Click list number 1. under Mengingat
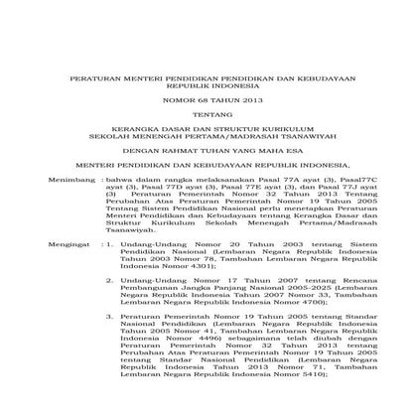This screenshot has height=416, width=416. pos(109,241)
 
